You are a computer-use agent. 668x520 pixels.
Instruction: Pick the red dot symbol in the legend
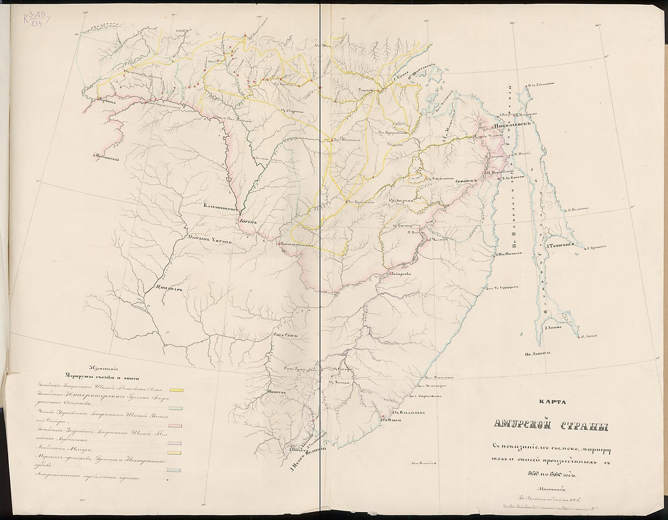click(x=168, y=480)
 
